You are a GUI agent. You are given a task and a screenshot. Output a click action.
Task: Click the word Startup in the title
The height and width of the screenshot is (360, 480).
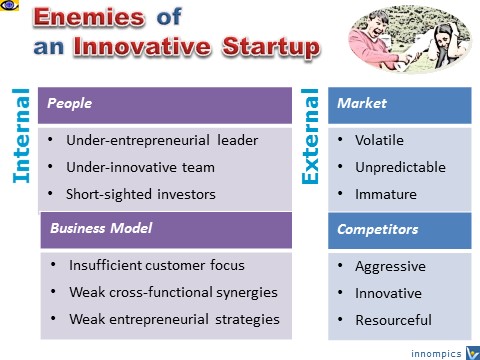272,47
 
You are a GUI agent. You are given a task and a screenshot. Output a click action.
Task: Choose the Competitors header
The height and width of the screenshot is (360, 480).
378,229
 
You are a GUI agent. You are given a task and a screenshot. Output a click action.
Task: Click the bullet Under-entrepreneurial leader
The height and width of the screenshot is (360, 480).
161,140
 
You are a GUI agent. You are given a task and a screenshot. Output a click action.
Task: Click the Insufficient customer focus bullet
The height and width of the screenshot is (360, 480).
156,266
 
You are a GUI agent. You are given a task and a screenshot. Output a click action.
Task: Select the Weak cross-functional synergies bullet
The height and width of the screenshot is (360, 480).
173,293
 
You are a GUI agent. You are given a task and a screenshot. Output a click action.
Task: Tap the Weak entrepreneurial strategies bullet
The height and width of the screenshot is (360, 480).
174,320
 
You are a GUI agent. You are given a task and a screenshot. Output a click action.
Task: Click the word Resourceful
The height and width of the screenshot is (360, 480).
394,320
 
